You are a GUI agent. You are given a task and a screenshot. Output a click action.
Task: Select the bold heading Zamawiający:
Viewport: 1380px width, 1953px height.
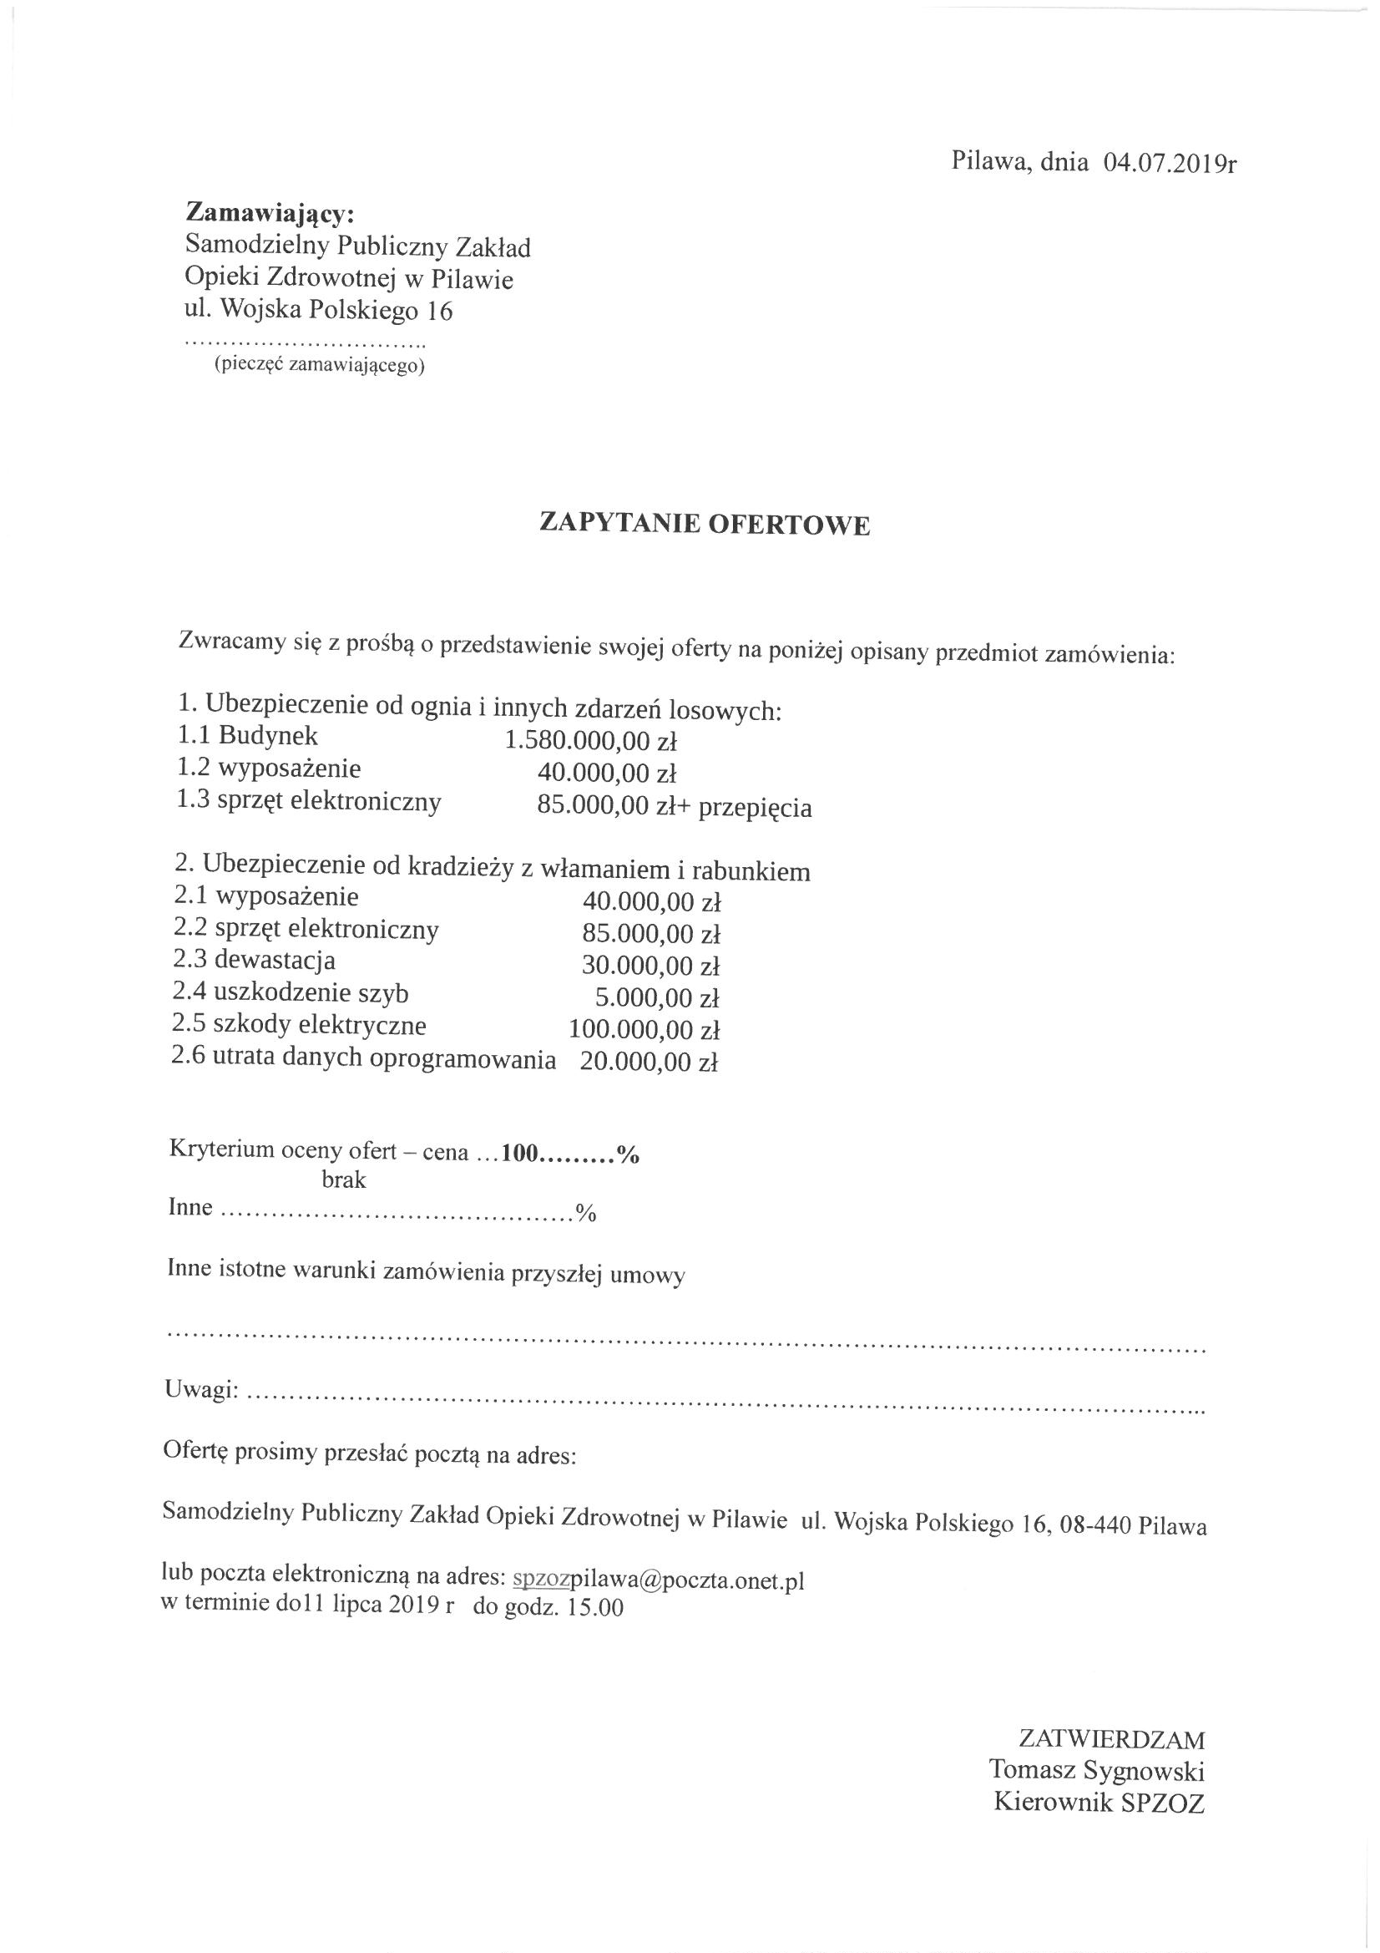coord(270,211)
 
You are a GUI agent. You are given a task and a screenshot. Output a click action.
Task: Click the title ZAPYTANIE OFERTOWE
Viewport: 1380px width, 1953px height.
coord(705,524)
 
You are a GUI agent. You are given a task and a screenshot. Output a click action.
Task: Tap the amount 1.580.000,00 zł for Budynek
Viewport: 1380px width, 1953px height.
coord(590,741)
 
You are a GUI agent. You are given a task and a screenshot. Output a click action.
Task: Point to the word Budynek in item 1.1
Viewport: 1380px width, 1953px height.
coord(268,736)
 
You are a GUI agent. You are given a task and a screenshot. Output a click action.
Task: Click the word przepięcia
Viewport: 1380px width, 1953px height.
coord(754,807)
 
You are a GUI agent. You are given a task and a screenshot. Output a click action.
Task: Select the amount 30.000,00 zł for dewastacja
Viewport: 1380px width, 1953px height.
coord(650,966)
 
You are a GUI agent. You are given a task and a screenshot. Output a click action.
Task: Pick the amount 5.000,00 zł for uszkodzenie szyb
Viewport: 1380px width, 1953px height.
coord(657,997)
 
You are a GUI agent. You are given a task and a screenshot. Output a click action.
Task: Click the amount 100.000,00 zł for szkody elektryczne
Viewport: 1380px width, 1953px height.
coord(644,1029)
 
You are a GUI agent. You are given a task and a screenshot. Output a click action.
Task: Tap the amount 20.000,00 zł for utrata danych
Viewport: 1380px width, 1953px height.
coord(649,1062)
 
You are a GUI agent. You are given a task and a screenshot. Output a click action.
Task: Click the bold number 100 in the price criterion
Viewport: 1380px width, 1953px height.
coord(521,1153)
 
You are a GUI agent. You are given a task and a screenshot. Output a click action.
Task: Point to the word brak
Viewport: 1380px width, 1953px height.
coord(343,1179)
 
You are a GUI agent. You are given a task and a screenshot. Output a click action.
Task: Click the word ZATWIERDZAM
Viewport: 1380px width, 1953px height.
coord(1111,1712)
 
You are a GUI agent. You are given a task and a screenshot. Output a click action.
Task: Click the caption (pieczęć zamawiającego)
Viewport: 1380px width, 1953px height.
coord(319,366)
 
